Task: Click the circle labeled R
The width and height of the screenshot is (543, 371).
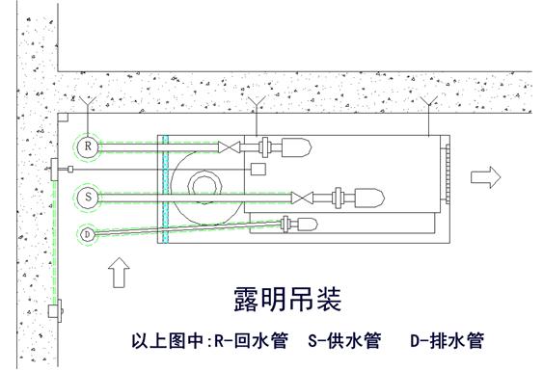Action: click(x=88, y=146)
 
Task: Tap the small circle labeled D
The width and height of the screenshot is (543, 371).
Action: click(x=87, y=234)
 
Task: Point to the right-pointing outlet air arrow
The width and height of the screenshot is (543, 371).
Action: click(x=486, y=176)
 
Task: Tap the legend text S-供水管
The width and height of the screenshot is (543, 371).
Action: click(x=344, y=341)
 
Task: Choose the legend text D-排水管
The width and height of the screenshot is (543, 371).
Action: click(x=447, y=341)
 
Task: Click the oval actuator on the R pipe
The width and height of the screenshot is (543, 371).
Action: click(x=293, y=147)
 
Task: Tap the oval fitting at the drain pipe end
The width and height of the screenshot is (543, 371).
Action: click(x=306, y=225)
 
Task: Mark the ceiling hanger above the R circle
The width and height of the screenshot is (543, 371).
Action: click(x=88, y=100)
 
